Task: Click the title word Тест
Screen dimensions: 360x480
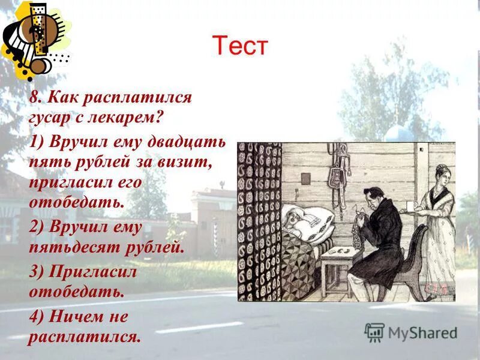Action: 239,46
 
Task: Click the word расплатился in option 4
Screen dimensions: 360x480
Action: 84,336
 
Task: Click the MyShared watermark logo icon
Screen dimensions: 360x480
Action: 374,332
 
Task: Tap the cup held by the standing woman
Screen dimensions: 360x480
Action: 410,206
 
